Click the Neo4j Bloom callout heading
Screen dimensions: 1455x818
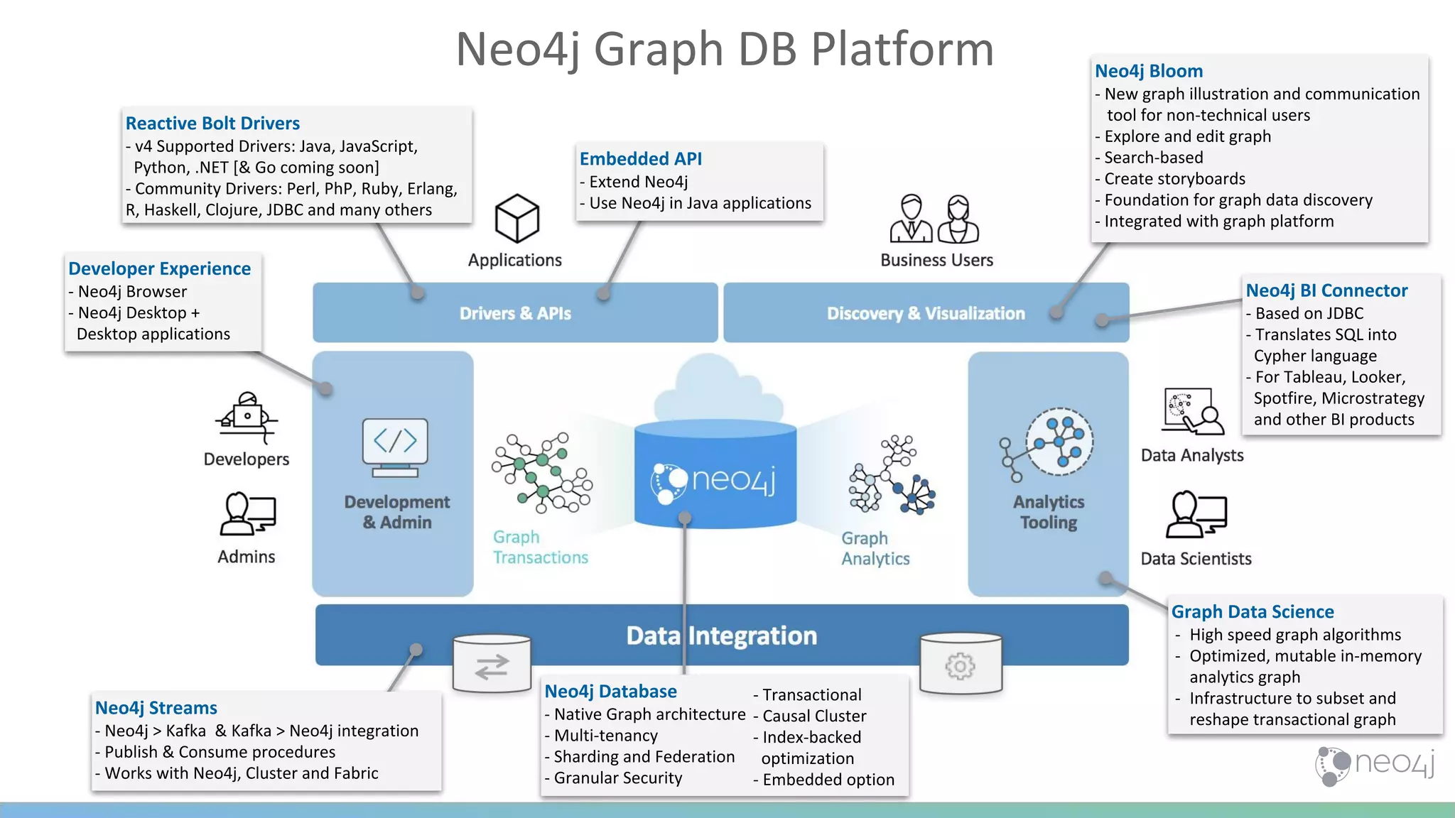point(1148,71)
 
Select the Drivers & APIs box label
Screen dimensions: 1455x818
point(515,313)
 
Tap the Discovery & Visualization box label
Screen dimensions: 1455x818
point(925,313)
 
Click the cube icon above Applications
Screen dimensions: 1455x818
point(516,218)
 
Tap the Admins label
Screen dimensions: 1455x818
point(246,557)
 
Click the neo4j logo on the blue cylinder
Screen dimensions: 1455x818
point(713,481)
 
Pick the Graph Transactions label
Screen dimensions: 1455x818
point(540,547)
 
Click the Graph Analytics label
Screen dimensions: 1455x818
point(875,548)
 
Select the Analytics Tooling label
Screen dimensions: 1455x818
point(1048,512)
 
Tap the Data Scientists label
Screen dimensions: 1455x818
point(1196,559)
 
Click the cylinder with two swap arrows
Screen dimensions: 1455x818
point(492,665)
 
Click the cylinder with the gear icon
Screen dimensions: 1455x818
point(960,665)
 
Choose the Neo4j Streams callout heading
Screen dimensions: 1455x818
point(156,708)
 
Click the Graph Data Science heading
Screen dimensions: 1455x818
point(1252,612)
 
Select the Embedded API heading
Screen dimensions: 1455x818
point(640,159)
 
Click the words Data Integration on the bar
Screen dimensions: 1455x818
point(721,636)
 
